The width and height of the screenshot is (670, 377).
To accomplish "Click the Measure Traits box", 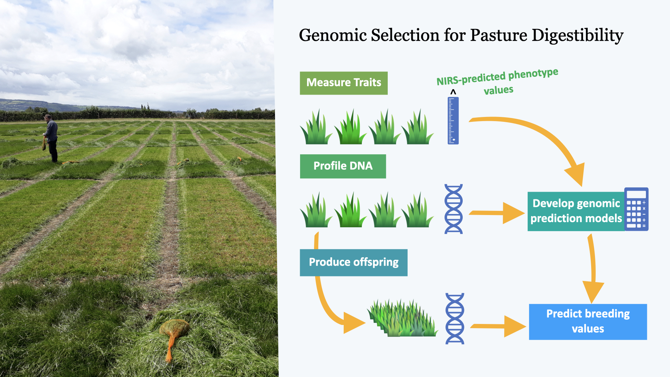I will (343, 83).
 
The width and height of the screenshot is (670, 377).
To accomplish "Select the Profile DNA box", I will (343, 166).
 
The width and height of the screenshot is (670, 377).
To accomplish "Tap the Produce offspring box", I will (353, 263).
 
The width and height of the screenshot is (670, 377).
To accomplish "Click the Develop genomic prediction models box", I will (576, 211).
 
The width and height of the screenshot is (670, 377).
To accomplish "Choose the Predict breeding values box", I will (588, 321).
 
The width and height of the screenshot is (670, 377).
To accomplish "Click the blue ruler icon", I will (453, 121).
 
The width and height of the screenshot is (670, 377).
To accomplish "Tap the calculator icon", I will (636, 209).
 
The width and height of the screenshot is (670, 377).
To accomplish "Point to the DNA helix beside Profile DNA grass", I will (453, 209).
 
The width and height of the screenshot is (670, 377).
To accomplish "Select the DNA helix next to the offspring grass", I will (455, 318).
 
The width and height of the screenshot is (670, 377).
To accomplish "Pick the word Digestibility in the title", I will (577, 36).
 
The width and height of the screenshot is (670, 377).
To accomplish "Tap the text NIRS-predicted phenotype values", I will (497, 81).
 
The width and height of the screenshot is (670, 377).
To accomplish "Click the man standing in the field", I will (51, 138).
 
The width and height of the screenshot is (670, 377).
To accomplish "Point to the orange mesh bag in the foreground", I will (173, 333).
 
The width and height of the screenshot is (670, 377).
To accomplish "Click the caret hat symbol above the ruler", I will (453, 92).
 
